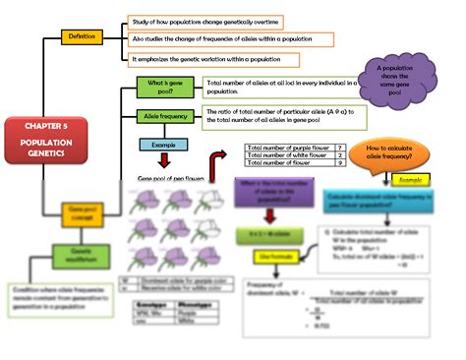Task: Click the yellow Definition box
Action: click(80, 36)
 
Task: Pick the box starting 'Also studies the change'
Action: click(231, 39)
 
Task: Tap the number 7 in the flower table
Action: click(339, 148)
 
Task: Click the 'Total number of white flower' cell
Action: click(288, 155)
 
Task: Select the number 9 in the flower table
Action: click(339, 164)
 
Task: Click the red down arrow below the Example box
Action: click(163, 160)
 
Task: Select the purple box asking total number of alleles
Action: click(265, 190)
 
